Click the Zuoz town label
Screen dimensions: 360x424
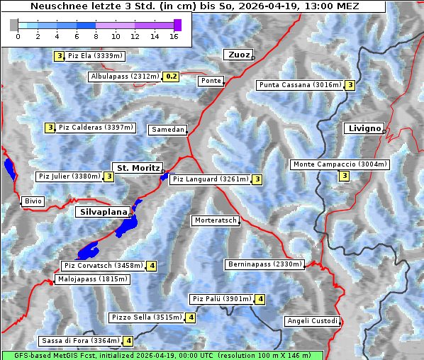(238, 55)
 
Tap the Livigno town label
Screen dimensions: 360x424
(364, 128)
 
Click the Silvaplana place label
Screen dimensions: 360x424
(103, 212)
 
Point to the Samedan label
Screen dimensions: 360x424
(167, 130)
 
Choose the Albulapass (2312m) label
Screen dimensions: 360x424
(124, 77)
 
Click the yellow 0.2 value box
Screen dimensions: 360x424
(171, 77)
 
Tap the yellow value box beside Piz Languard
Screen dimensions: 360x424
(257, 179)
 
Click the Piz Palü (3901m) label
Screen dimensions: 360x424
(222, 299)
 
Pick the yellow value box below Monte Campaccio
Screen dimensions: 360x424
(345, 176)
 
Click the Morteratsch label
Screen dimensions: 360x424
(216, 220)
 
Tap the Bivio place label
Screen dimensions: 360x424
(33, 201)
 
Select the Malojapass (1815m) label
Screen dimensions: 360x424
(92, 279)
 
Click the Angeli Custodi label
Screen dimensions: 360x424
(312, 321)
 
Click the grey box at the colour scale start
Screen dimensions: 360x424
(14, 25)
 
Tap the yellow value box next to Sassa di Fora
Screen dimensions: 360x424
(128, 341)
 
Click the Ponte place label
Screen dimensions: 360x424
(211, 81)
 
